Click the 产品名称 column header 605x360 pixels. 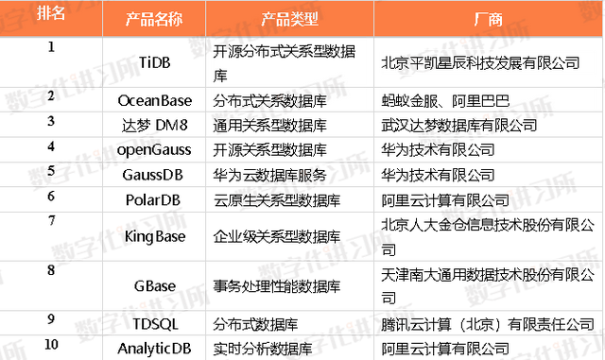pos(154,19)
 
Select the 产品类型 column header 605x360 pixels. pos(289,19)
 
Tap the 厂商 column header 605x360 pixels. pos(488,19)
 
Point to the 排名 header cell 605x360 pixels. pos(50,12)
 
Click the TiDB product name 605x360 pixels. pos(154,62)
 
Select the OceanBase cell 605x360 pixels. pos(155,101)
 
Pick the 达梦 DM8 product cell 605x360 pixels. pos(154,125)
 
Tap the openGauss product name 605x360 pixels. pos(154,150)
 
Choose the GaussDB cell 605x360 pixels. pos(153,175)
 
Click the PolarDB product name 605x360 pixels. pos(153,200)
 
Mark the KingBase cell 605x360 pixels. pos(155,236)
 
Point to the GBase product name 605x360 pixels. pos(155,286)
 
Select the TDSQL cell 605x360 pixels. pos(155,324)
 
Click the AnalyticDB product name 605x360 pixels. pos(154,349)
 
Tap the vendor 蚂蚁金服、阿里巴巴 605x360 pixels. pos(445,101)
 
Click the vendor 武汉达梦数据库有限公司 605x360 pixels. pos(459,125)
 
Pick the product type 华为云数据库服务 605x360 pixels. pos(269,175)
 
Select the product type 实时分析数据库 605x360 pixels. pos(263,349)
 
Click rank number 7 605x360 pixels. pos(51,221)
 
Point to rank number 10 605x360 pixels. pos(51,344)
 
